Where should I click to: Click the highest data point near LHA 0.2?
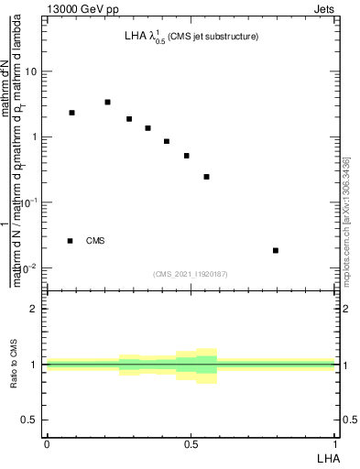click(x=107, y=102)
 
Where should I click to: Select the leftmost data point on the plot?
click(x=71, y=113)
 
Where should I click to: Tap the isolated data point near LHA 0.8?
click(x=276, y=250)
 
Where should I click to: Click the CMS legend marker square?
click(x=70, y=241)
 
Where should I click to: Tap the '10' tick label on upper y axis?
click(x=33, y=71)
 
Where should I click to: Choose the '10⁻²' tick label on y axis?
click(x=30, y=267)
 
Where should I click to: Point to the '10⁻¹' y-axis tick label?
click(x=30, y=202)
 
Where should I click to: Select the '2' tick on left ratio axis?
click(x=35, y=309)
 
